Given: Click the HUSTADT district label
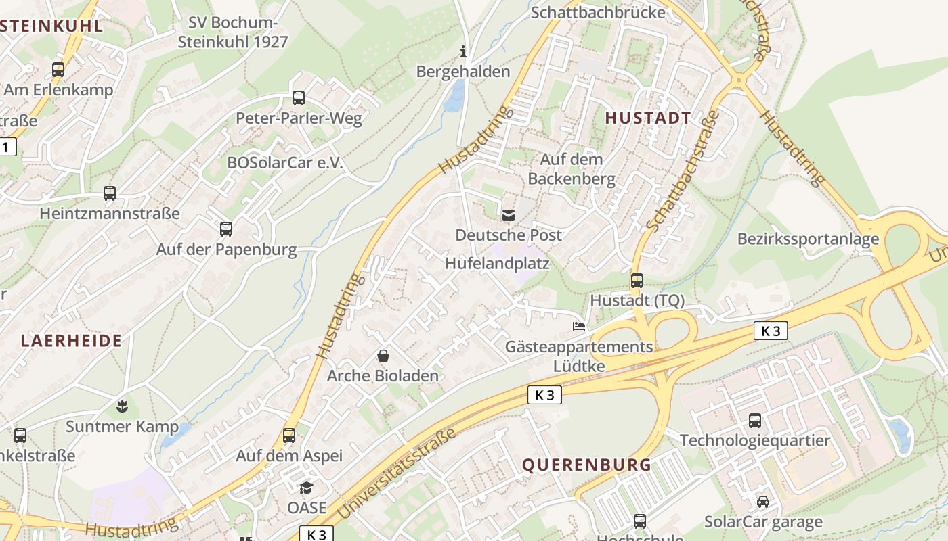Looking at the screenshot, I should point(648,118).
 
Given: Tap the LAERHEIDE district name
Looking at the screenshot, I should point(71,340).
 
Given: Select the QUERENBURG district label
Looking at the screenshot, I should point(586,465).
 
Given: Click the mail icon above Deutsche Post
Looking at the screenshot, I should point(508,216).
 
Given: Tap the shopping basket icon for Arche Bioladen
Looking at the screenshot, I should point(383,356).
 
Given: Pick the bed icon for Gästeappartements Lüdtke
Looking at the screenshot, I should point(579,327).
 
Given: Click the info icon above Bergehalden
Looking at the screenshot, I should point(463,51).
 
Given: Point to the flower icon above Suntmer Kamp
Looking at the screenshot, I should point(122,406).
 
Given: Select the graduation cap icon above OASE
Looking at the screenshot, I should point(307,488).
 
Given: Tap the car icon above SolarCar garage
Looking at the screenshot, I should point(763,502).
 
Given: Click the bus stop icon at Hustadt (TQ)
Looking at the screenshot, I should point(637,280).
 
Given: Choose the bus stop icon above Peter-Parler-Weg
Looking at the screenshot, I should point(299,98).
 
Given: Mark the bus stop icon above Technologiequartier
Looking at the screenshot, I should point(755,421).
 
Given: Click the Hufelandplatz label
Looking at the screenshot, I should point(497,263).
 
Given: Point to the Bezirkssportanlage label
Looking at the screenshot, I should point(808,239).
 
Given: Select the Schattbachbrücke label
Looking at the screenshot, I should point(597,12).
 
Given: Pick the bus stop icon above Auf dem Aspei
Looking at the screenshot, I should point(289,436).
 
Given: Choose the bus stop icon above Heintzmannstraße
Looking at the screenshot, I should point(110,193).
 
